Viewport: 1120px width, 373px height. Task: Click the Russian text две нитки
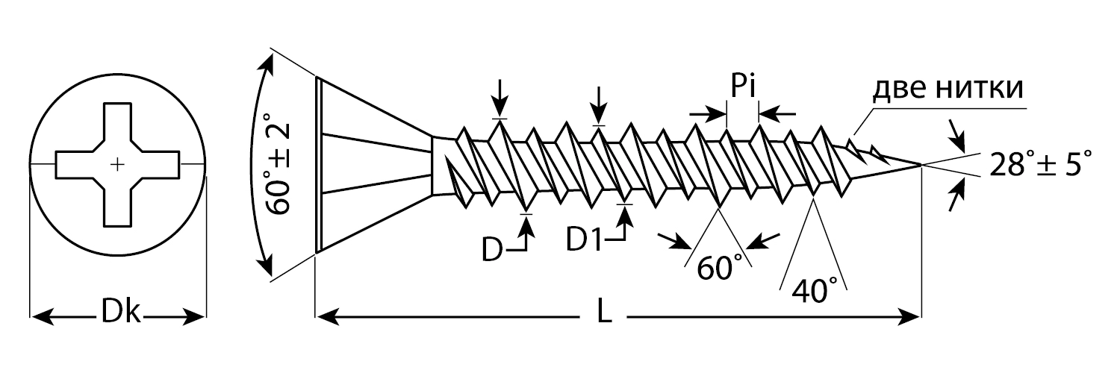point(948,90)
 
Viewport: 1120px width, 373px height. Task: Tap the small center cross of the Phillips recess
point(117,164)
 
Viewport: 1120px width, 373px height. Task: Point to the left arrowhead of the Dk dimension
point(37,318)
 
